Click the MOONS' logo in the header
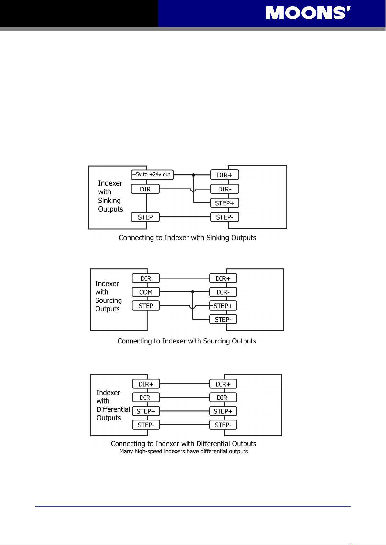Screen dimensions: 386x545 308,13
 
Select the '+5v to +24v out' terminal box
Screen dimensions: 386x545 152,175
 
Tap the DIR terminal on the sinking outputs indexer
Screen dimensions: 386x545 145,189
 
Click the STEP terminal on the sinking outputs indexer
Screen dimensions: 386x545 145,217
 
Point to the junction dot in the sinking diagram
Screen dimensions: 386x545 193,175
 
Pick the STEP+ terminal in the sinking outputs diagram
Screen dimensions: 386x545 224,203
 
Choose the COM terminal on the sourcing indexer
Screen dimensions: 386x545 146,292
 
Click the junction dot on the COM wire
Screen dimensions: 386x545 193,292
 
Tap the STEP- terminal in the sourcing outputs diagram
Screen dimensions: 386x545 223,319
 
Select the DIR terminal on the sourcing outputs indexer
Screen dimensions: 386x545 146,278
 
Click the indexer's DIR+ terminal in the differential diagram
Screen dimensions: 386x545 146,384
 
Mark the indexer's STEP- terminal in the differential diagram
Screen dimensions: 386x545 146,425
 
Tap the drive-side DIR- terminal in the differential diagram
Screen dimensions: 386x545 223,398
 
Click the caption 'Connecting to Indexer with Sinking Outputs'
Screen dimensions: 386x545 187,238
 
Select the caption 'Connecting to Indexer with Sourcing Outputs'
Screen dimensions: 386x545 187,341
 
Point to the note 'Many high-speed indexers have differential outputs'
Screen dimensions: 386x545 184,451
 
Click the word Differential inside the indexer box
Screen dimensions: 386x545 113,409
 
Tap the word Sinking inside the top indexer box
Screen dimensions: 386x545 109,201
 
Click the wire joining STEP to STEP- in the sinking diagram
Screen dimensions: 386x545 185,217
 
